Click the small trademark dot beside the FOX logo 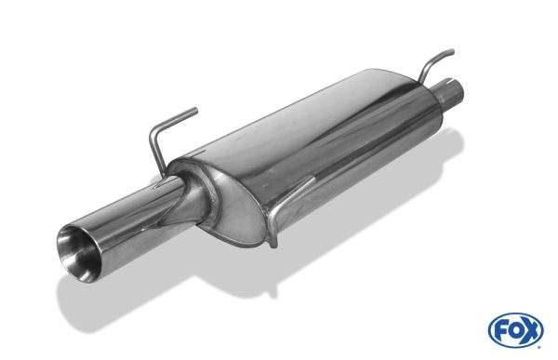[539, 346]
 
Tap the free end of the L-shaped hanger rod [195, 110]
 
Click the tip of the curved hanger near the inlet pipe [452, 52]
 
